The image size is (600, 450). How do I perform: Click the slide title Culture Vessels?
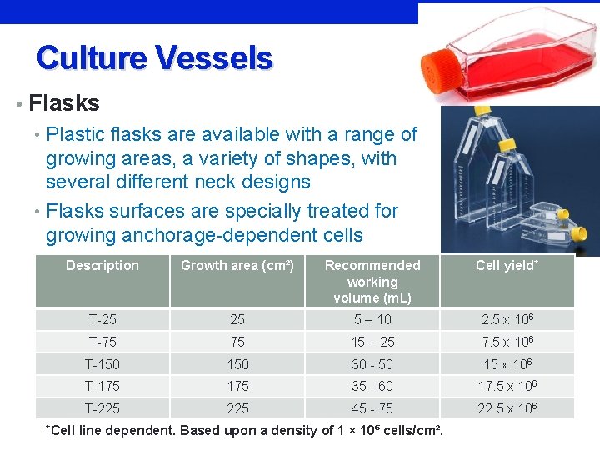click(x=154, y=58)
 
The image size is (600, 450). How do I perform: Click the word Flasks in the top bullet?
click(x=64, y=103)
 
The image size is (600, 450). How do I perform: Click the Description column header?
click(x=102, y=265)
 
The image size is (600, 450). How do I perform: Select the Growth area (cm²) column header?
click(x=237, y=265)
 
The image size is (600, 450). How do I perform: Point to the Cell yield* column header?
click(x=507, y=265)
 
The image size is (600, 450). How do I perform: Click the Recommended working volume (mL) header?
click(x=372, y=281)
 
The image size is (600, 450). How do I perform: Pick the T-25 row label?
click(x=102, y=320)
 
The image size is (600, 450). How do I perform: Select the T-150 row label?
click(x=102, y=364)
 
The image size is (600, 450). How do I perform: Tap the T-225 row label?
click(x=102, y=408)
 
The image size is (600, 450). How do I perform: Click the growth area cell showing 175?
click(x=237, y=386)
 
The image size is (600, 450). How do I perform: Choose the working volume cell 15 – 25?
click(x=372, y=342)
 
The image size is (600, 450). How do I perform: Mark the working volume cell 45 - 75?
click(x=372, y=408)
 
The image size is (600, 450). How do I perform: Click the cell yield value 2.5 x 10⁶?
click(x=507, y=320)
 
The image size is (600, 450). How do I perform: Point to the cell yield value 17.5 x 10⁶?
click(x=507, y=386)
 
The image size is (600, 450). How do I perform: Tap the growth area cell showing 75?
click(x=237, y=342)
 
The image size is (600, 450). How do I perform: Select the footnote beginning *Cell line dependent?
click(x=243, y=430)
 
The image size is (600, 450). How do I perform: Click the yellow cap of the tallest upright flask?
click(x=481, y=111)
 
